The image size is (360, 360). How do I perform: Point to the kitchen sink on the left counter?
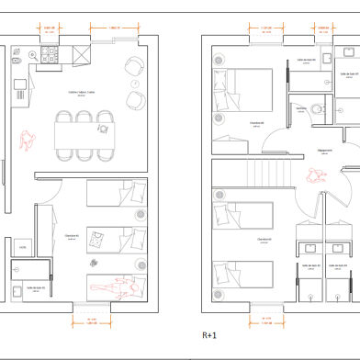point(19,90)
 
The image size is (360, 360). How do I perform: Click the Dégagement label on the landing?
point(323,151)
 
